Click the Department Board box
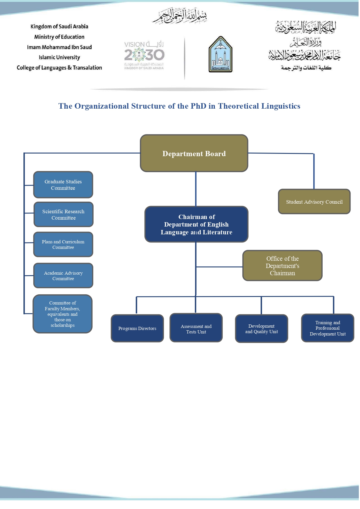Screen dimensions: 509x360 (194, 153)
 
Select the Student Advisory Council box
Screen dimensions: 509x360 (314, 202)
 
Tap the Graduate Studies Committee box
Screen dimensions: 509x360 (63, 185)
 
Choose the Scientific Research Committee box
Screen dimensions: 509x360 (63, 215)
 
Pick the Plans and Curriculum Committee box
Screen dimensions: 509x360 (63, 245)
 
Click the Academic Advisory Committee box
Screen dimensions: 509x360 (63, 276)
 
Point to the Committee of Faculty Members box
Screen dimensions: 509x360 (63, 314)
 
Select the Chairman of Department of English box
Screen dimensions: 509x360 (196, 225)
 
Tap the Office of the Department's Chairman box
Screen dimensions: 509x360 (282, 266)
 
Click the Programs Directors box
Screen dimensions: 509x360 (137, 329)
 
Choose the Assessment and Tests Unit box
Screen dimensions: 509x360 (196, 328)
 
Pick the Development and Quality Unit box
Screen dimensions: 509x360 (262, 329)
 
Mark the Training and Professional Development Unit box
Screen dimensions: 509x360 (328, 328)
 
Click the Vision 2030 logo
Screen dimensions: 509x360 (144, 55)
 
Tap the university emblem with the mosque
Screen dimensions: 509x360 (220, 54)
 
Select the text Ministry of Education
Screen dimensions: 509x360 (59, 37)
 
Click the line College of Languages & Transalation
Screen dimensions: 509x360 (59, 68)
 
